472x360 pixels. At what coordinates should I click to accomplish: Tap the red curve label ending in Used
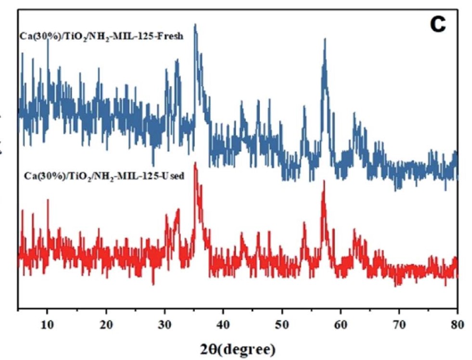click(x=104, y=176)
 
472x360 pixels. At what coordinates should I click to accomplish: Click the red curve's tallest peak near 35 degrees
click(x=195, y=163)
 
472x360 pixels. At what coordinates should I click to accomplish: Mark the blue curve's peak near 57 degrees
click(x=325, y=39)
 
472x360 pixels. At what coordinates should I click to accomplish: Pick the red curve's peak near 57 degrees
click(x=324, y=181)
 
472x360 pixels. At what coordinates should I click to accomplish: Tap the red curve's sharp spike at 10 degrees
click(x=48, y=200)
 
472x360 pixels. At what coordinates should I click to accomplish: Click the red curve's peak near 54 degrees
click(x=304, y=222)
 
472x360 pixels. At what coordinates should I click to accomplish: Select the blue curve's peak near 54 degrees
click(x=304, y=107)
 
